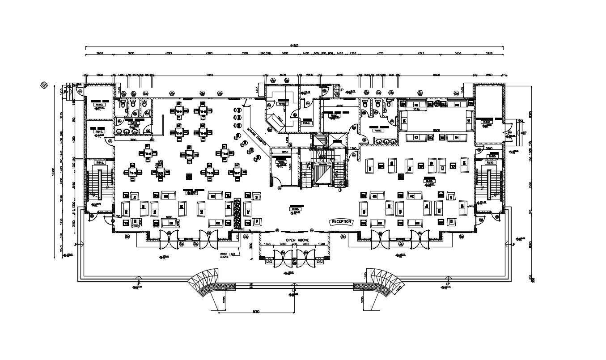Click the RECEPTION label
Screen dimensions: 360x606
(341, 222)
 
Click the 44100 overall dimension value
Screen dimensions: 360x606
(294, 45)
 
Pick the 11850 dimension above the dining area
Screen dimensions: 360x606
(208, 75)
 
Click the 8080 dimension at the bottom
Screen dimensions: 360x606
(256, 311)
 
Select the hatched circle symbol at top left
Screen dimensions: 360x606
(44, 84)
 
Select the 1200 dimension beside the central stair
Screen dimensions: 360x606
(353, 148)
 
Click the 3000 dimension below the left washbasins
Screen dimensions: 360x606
(133, 140)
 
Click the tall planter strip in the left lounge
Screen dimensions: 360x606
(237, 214)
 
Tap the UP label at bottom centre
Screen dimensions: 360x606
(294, 290)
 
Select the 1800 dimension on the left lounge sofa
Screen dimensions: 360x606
(169, 217)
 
